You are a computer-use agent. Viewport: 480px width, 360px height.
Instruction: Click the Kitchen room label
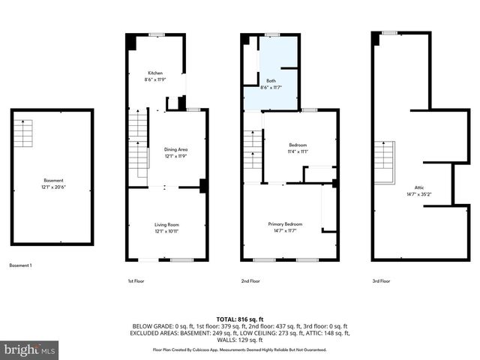coord(155,73)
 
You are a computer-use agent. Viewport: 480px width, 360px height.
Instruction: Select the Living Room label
coord(166,224)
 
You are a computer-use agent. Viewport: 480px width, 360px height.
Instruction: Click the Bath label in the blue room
coord(270,81)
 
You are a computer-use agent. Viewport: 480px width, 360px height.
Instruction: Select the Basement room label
coord(53,180)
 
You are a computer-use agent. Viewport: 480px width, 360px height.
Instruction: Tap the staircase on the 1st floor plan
coord(137,142)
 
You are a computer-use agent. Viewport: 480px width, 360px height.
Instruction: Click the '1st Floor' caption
coord(136,280)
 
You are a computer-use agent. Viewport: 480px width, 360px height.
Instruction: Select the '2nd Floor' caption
coord(250,280)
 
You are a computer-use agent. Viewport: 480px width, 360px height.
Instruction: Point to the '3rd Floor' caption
coord(382,280)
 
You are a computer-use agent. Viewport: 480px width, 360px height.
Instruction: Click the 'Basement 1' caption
coord(20,265)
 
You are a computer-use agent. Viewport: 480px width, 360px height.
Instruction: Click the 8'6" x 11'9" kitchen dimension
coord(155,79)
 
